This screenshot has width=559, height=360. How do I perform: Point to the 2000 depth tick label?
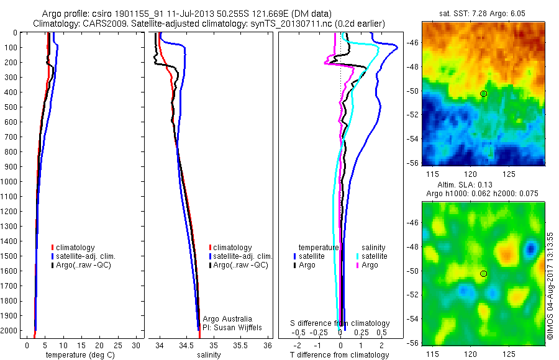(x=10, y=331)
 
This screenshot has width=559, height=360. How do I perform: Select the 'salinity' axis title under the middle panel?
(x=209, y=355)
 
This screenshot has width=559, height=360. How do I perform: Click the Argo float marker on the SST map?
(x=484, y=94)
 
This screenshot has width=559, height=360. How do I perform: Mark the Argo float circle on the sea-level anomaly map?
(x=484, y=274)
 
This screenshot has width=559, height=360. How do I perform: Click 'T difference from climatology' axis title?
(x=339, y=355)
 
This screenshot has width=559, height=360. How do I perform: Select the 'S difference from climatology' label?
(x=340, y=323)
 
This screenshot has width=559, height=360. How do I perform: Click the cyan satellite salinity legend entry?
(x=373, y=256)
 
